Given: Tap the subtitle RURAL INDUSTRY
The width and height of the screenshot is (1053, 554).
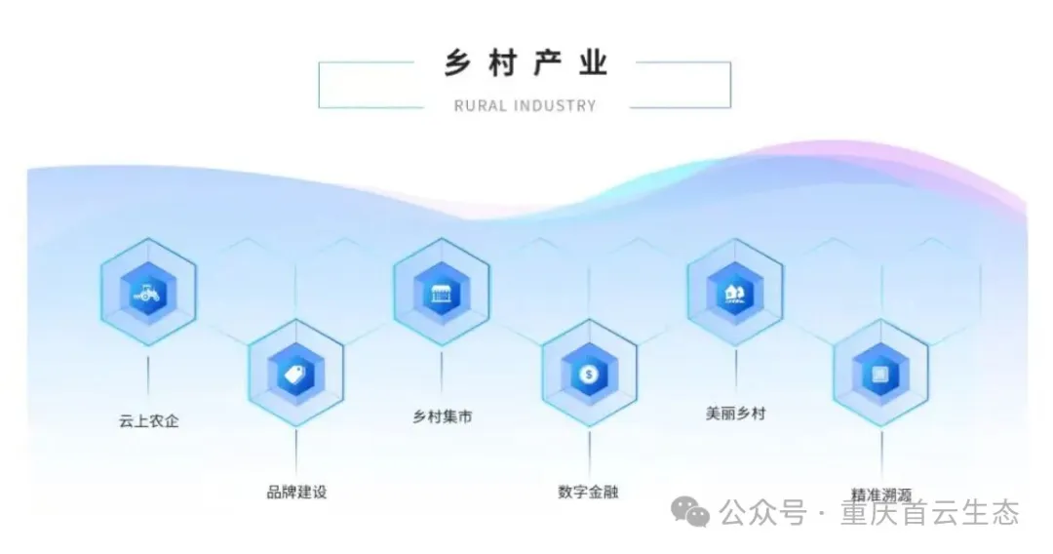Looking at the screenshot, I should coord(525,105).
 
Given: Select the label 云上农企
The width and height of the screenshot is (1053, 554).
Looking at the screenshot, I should coord(149,421).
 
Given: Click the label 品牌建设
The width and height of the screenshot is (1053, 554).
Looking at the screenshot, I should coord(296,492).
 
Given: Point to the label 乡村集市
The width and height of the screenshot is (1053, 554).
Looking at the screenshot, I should coord(443,416).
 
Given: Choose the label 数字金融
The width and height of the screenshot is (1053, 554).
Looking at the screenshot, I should coord(588,491).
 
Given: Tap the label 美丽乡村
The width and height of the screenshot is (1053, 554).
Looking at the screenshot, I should coord(736,413).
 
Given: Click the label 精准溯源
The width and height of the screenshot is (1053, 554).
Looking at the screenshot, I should coord(881,494).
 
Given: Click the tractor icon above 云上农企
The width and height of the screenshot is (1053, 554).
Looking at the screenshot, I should coord(148,291).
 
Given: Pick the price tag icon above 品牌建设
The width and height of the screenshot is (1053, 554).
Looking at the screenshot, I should coord(295,373).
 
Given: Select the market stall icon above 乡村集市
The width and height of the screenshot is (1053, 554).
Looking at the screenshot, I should coord(442,292).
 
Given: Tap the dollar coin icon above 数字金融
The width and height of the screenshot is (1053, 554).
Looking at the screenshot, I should coord(589,373).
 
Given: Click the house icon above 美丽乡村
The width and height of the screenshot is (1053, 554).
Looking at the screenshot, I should coord(735,292).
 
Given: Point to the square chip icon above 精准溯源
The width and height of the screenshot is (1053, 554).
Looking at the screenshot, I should coord(880,374).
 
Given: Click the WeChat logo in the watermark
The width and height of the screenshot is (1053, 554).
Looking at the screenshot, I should coord(694,512).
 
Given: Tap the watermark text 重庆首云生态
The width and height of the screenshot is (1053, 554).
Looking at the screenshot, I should coord(930,512).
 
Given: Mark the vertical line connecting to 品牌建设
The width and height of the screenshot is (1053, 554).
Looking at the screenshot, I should coord(295,451).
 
